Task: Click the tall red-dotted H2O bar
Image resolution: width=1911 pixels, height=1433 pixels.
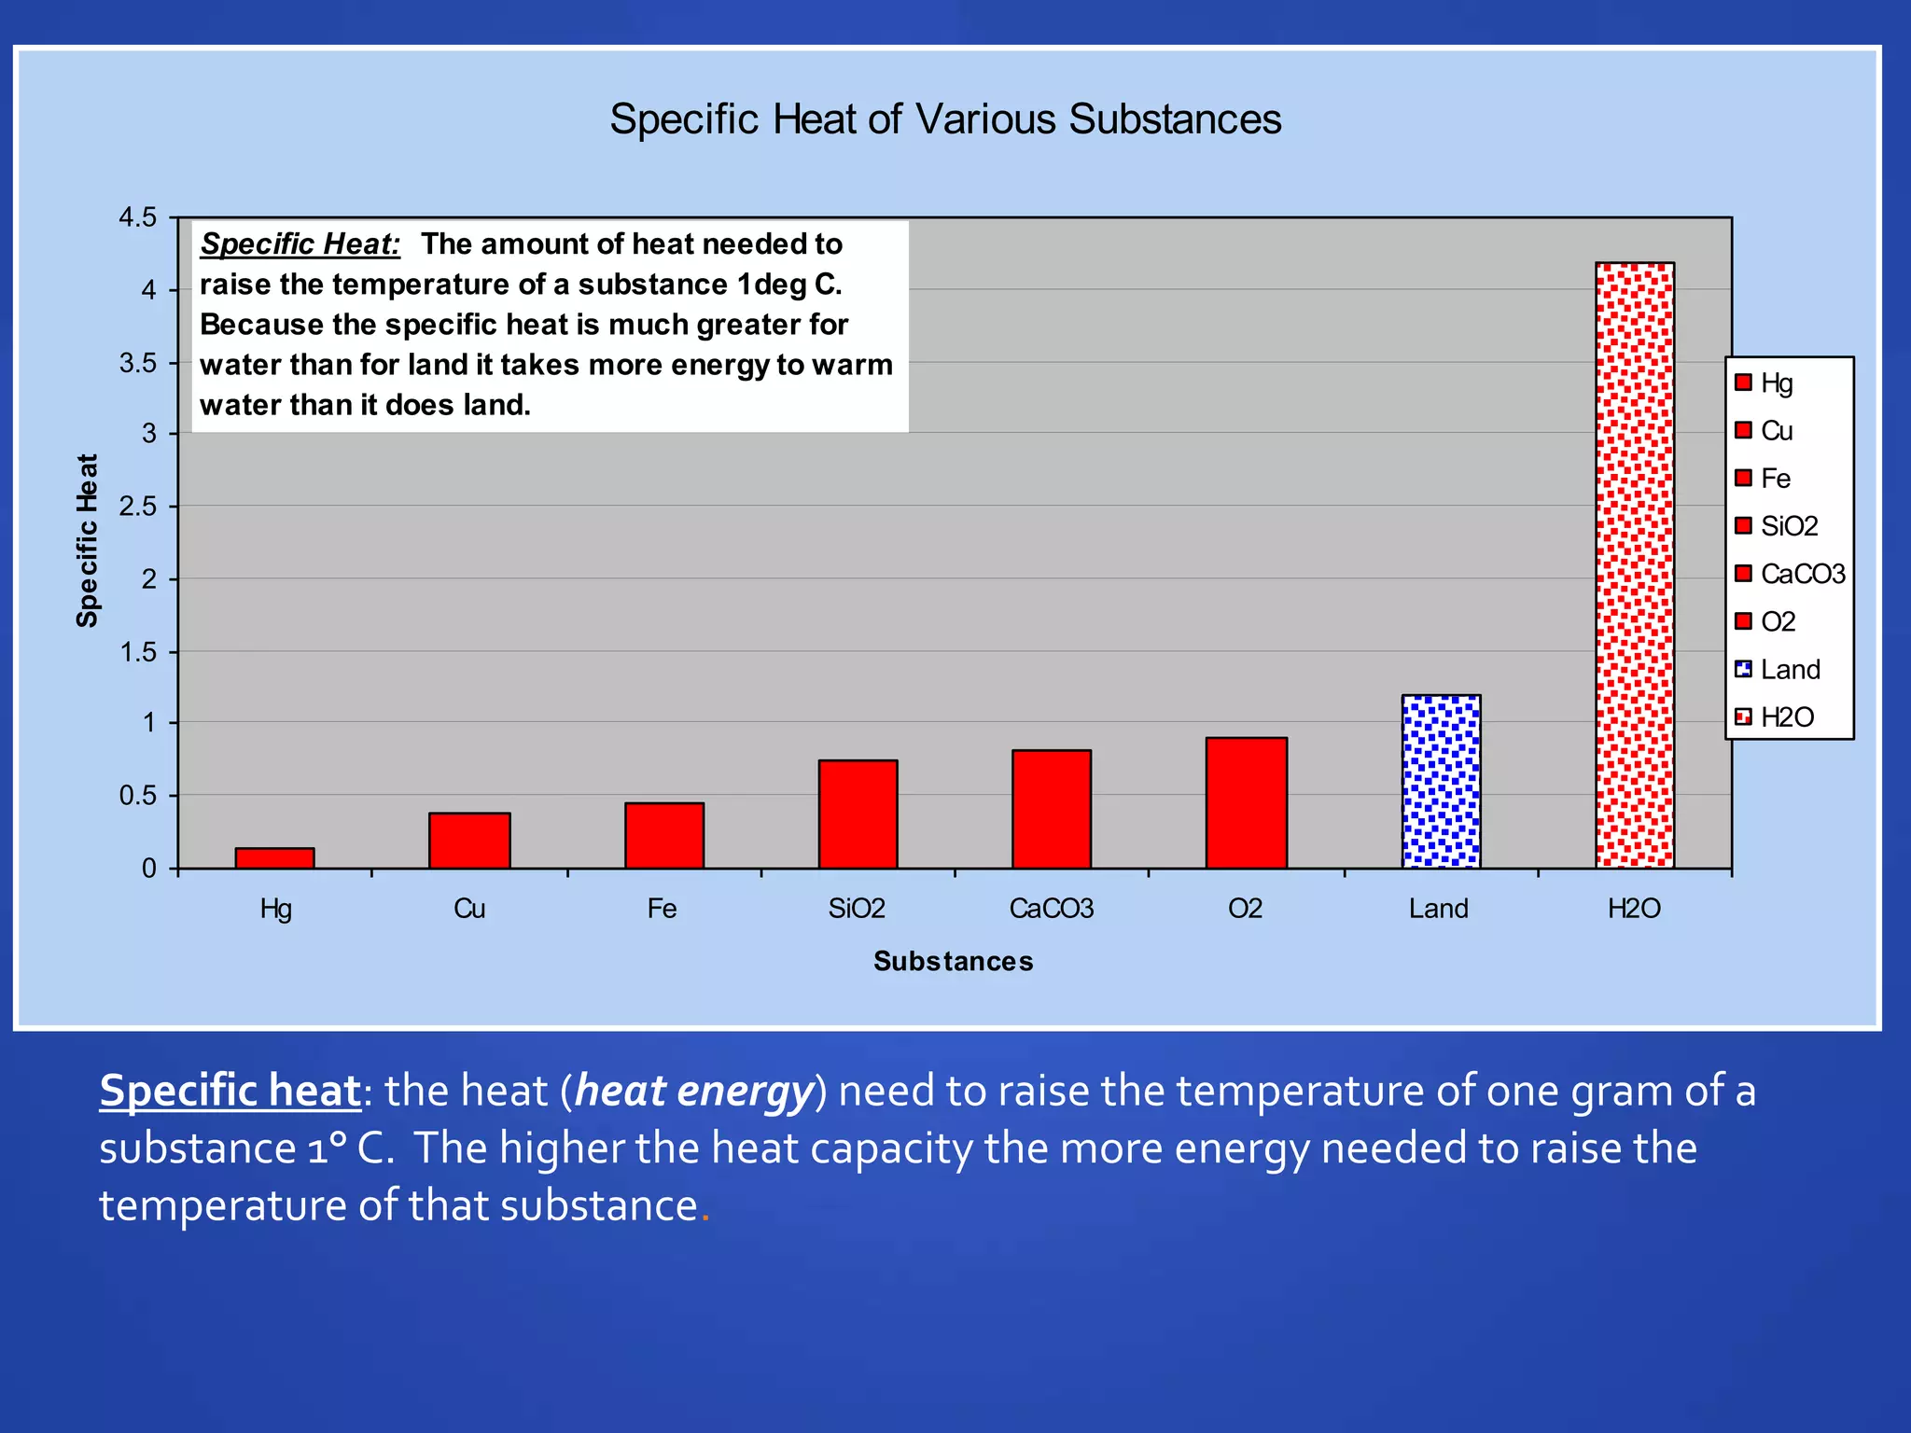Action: click(x=1635, y=564)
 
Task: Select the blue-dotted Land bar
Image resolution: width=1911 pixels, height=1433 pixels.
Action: click(x=1441, y=782)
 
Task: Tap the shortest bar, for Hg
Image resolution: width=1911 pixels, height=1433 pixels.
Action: click(x=274, y=858)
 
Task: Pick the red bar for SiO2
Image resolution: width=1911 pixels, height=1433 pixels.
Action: click(x=858, y=814)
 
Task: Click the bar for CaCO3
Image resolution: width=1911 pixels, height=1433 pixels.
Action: click(x=1052, y=809)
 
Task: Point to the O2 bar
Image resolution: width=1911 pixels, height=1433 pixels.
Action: click(x=1246, y=802)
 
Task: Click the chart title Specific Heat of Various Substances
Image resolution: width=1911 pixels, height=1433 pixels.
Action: click(x=945, y=119)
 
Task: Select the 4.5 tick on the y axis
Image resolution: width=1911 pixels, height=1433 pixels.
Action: click(x=137, y=217)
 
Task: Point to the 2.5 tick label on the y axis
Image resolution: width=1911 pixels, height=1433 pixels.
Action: click(x=137, y=507)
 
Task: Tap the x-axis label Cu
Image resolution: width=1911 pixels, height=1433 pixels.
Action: click(x=469, y=909)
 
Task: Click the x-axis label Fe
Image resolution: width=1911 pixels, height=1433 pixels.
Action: click(x=663, y=909)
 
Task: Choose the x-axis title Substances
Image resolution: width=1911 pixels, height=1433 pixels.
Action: click(x=953, y=961)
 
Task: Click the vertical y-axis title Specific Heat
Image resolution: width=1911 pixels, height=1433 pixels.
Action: click(x=87, y=540)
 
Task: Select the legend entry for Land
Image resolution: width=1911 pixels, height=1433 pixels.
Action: click(x=1789, y=669)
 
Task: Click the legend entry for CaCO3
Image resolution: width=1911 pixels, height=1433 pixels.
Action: click(x=1801, y=574)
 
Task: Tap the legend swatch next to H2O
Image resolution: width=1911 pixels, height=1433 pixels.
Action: click(x=1743, y=716)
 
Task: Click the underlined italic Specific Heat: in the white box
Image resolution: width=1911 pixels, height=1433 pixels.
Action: click(x=300, y=244)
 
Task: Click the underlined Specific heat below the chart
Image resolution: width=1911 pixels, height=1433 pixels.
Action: click(x=230, y=1091)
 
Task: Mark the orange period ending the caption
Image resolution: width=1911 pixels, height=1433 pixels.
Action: click(x=705, y=1217)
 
